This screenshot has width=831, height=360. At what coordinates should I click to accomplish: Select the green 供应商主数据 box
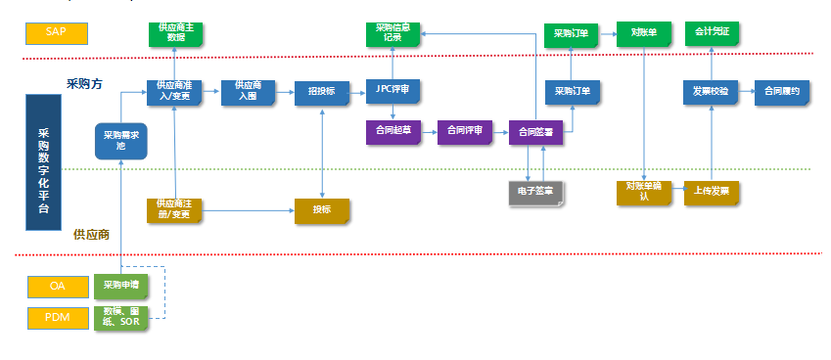pyautogui.click(x=174, y=32)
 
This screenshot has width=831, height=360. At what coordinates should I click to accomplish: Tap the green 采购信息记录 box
pyautogui.click(x=392, y=32)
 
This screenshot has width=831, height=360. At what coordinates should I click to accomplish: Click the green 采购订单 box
pyautogui.click(x=572, y=32)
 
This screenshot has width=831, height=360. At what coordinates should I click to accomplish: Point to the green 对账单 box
pyautogui.click(x=643, y=32)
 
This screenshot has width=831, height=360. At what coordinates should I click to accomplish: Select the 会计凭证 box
pyautogui.click(x=712, y=32)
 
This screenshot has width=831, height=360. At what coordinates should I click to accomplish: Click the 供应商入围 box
pyautogui.click(x=249, y=91)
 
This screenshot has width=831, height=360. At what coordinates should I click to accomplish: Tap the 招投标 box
pyautogui.click(x=321, y=91)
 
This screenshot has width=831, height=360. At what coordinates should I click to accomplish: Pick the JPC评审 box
pyautogui.click(x=392, y=91)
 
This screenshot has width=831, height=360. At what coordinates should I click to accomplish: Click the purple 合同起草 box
pyautogui.click(x=392, y=131)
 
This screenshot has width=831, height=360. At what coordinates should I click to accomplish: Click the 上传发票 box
pyautogui.click(x=712, y=191)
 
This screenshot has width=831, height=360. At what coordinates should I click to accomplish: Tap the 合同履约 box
pyautogui.click(x=783, y=91)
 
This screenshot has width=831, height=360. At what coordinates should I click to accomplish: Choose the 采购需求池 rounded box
pyautogui.click(x=120, y=140)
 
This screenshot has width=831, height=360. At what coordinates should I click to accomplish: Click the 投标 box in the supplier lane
pyautogui.click(x=321, y=210)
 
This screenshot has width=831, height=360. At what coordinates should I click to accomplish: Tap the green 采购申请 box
pyautogui.click(x=120, y=287)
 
